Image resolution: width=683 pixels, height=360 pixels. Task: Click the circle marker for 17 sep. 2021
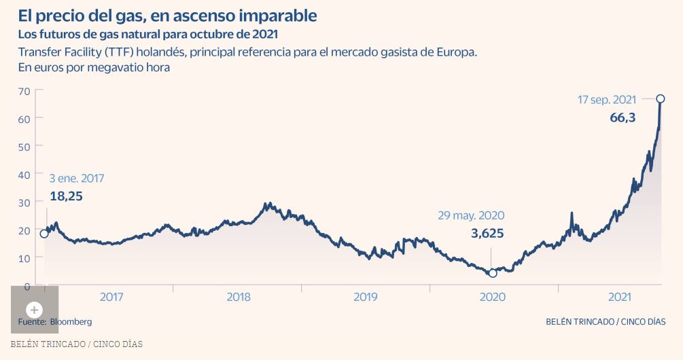click(x=661, y=99)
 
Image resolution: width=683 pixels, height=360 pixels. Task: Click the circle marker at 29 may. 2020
click(x=493, y=273)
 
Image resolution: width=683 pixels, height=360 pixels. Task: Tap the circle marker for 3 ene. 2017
click(x=44, y=234)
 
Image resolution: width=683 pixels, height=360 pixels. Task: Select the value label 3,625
click(x=487, y=233)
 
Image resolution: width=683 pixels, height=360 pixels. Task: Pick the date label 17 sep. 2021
click(x=607, y=100)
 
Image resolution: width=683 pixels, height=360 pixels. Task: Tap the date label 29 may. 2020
click(x=471, y=215)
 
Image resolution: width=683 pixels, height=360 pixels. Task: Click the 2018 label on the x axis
click(x=238, y=297)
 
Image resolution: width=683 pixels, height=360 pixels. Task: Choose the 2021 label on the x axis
click(x=620, y=297)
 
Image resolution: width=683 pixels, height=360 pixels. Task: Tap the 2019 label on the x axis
click(x=366, y=297)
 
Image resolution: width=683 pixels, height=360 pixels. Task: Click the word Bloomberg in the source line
click(x=71, y=321)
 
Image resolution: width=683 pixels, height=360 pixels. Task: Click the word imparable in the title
click(x=270, y=14)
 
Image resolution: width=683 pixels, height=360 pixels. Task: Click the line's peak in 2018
click(x=269, y=203)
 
